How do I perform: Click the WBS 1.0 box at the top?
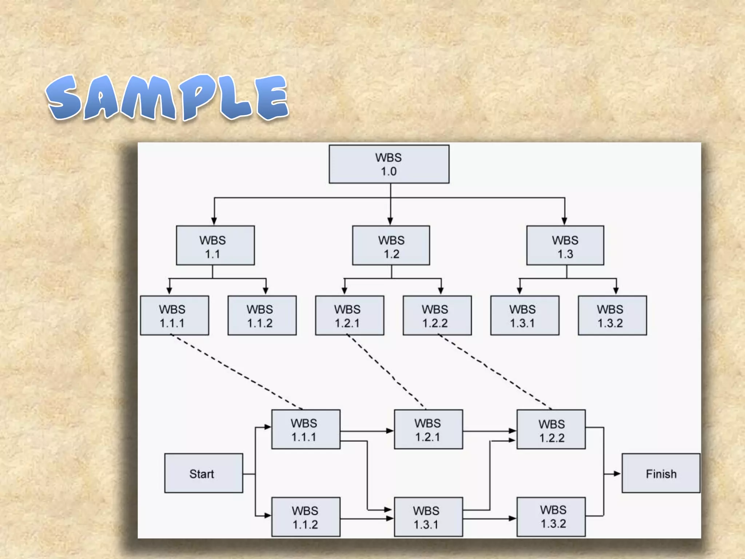[x=389, y=164]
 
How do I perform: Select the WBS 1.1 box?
[x=215, y=245]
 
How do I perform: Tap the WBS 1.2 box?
[x=391, y=245]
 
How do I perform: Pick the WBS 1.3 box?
[x=565, y=245]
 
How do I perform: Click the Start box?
[x=204, y=473]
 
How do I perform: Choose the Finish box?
[x=661, y=473]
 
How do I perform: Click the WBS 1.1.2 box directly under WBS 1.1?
[x=262, y=315]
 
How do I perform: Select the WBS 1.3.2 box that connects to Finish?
[x=551, y=517]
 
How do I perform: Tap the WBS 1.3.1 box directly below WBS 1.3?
[x=525, y=315]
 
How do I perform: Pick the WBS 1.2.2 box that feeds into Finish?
[x=551, y=429]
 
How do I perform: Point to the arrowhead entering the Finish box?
[x=617, y=473]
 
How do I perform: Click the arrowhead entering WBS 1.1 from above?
[x=214, y=221]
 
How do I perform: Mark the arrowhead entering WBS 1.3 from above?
[x=565, y=221]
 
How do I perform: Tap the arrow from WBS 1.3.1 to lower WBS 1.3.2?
[x=489, y=518]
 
